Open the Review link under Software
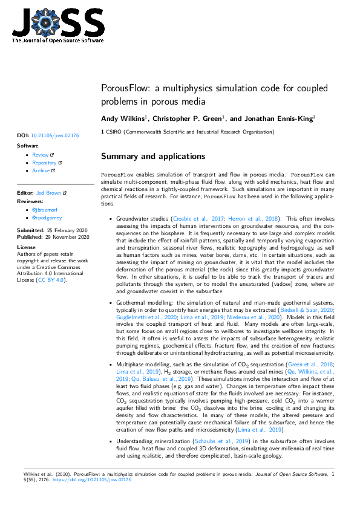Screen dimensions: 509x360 point(41,155)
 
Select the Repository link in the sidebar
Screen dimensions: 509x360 point(44,163)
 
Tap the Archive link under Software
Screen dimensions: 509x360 point(41,170)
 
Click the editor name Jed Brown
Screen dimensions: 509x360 point(49,192)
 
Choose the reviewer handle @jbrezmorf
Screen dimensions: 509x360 point(46,209)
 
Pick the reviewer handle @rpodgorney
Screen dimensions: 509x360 point(48,217)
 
